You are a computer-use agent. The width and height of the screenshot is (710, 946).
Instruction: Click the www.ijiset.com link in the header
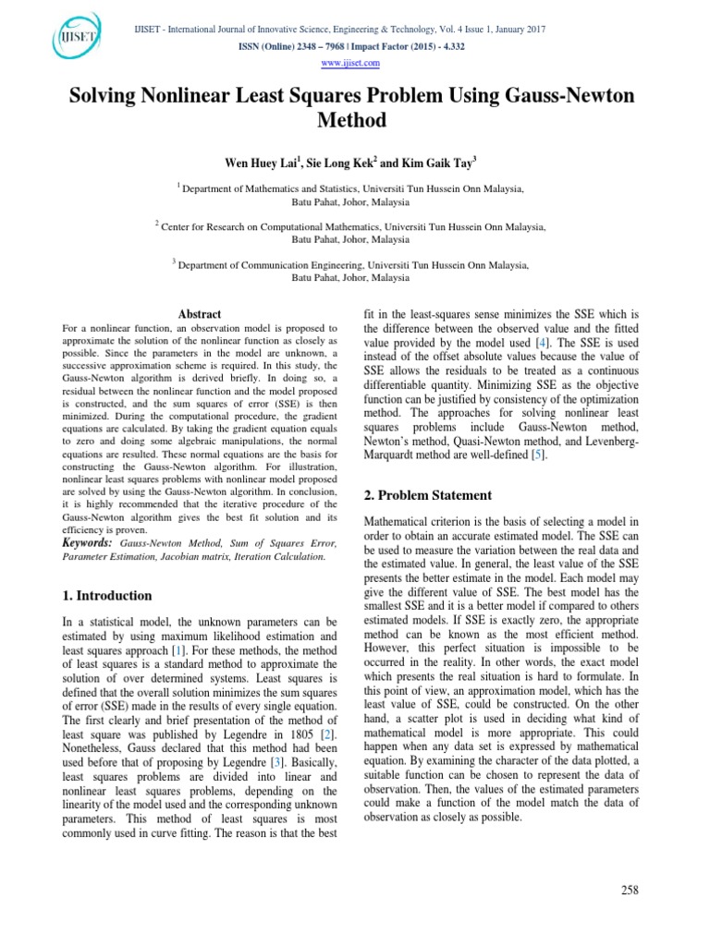point(355,63)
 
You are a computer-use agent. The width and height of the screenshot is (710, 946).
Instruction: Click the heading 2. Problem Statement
point(429,495)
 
